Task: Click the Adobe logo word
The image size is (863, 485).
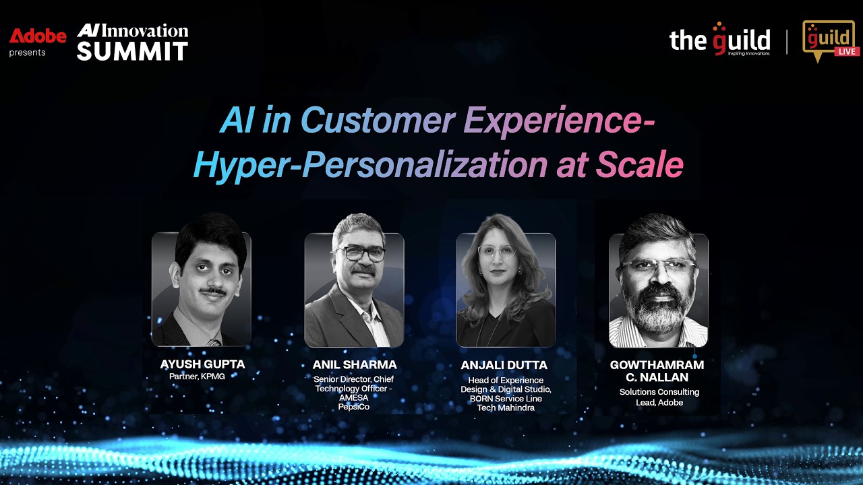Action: (x=38, y=36)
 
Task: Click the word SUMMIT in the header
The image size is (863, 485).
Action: (x=132, y=51)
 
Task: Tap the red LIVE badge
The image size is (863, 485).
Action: (x=846, y=52)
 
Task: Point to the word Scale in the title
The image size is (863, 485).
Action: (x=639, y=165)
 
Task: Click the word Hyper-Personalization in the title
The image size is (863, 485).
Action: (x=370, y=165)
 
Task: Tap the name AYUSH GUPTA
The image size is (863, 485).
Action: (x=202, y=364)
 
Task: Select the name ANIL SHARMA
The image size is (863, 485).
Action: (x=355, y=364)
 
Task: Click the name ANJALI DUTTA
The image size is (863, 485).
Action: (x=504, y=365)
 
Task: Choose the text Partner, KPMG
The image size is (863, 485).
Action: (x=197, y=377)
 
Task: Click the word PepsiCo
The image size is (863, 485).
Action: (x=354, y=407)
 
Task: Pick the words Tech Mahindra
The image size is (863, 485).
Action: (x=506, y=408)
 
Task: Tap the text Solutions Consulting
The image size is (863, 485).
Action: (x=659, y=392)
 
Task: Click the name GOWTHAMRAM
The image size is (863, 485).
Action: (x=657, y=365)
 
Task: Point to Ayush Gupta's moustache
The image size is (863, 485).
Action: (x=213, y=292)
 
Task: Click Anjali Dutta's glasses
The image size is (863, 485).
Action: (x=497, y=252)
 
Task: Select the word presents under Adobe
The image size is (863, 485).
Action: (x=27, y=53)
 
